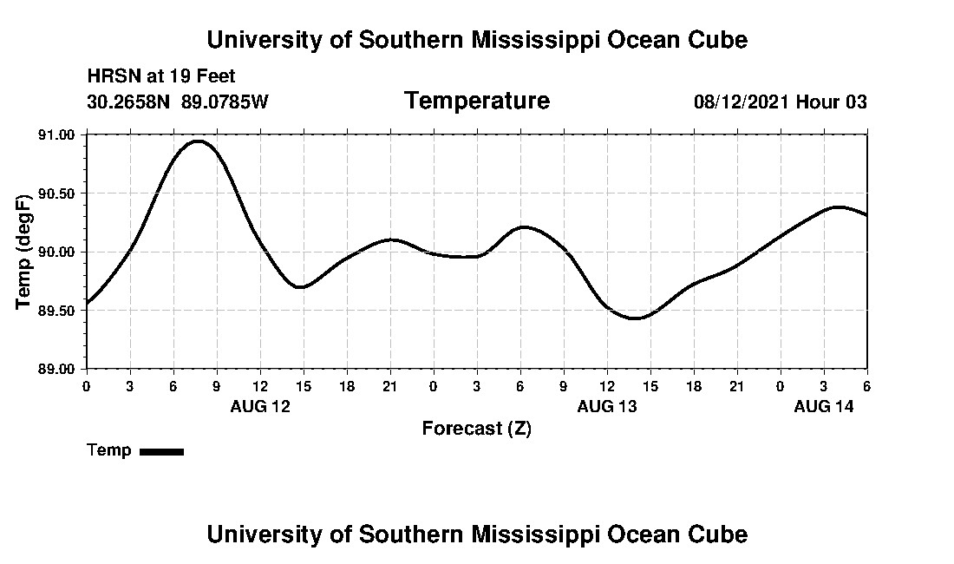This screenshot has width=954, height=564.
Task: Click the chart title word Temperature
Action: click(x=476, y=101)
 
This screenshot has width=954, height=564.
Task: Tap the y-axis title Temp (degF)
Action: click(x=24, y=252)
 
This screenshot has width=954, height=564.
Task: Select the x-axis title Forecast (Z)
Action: click(x=476, y=429)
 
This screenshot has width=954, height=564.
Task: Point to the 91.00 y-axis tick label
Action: click(x=56, y=135)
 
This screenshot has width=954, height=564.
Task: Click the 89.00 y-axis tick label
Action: click(x=56, y=369)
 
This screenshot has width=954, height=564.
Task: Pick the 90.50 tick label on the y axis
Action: click(x=56, y=193)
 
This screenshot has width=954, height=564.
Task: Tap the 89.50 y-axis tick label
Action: click(x=56, y=311)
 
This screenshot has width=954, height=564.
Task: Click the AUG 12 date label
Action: click(x=260, y=406)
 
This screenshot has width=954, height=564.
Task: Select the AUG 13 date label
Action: click(x=607, y=406)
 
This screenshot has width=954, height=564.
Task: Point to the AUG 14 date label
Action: click(x=824, y=406)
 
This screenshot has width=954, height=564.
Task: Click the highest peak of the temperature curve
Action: click(x=199, y=141)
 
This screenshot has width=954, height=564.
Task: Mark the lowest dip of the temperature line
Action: click(x=635, y=318)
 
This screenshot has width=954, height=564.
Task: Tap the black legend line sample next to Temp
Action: click(x=161, y=451)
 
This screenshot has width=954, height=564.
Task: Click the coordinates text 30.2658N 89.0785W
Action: click(x=178, y=102)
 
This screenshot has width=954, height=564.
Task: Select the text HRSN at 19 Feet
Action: click(x=161, y=77)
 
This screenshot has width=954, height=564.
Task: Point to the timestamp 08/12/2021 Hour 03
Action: click(x=780, y=102)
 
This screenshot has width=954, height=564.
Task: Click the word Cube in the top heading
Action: click(x=717, y=40)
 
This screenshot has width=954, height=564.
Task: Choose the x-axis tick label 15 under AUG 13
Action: click(x=650, y=386)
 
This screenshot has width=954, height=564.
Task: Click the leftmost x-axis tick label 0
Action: click(x=86, y=386)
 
